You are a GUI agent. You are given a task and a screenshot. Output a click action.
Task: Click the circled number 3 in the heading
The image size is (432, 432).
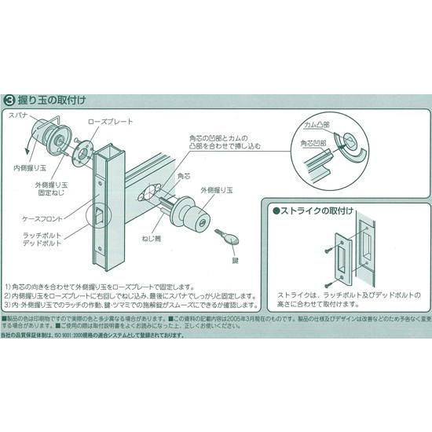pos(9,101)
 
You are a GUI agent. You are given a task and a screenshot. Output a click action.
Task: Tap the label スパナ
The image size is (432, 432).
pos(20,115)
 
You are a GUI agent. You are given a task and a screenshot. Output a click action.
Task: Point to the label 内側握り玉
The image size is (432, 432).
pos(27,167)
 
